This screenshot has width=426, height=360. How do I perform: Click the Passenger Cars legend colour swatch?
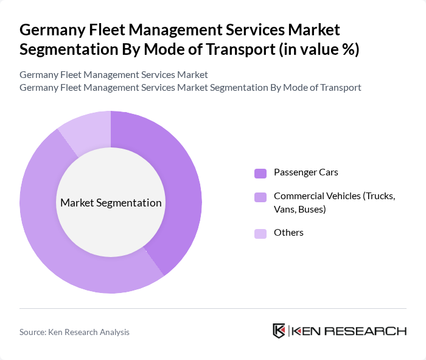click(260, 173)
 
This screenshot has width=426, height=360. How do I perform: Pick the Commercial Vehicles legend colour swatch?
click(260, 197)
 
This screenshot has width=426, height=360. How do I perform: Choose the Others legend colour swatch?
click(260, 233)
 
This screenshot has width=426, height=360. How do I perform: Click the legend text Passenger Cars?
click(306, 172)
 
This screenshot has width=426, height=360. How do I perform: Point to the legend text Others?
click(288, 233)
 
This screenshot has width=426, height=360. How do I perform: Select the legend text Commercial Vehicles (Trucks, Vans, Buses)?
click(334, 202)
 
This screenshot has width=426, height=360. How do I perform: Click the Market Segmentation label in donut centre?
click(111, 203)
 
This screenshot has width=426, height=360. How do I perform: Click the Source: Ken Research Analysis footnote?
click(74, 332)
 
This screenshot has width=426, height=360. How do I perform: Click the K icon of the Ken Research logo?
click(279, 331)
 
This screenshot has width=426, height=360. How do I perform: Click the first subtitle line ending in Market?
click(113, 74)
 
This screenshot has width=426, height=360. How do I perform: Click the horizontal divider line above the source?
click(213, 308)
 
